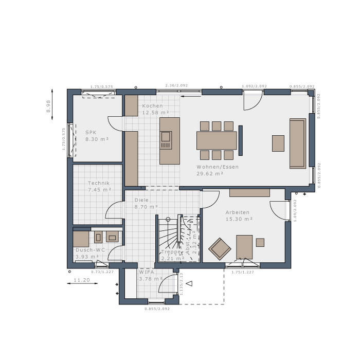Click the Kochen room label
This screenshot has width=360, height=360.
(x=152, y=106)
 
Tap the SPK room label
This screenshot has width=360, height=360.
(x=91, y=132)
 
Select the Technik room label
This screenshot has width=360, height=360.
(x=99, y=183)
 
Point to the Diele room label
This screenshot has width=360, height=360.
(x=141, y=200)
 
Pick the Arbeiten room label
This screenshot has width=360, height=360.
(x=237, y=212)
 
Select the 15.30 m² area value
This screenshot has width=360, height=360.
(x=239, y=219)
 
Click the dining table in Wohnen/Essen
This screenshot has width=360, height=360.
(x=217, y=140)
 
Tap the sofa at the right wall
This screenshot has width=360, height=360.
(x=297, y=143)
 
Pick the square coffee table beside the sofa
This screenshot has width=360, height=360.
(x=278, y=143)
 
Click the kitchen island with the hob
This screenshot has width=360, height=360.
(x=169, y=140)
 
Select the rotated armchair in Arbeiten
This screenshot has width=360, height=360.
(x=220, y=248)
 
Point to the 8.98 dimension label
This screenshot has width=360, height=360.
(x=48, y=106)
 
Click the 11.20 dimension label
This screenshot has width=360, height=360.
(x=82, y=280)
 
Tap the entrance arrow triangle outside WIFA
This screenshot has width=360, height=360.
(x=189, y=283)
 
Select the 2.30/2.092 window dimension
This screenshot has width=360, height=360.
(x=176, y=86)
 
